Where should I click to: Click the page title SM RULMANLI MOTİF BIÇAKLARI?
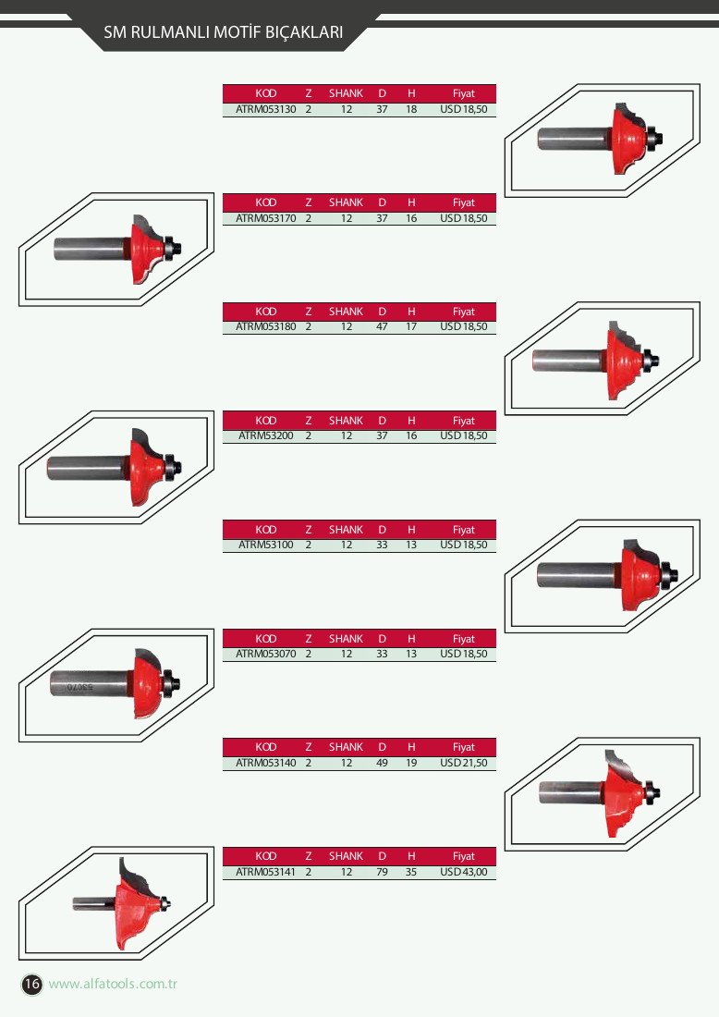(223, 31)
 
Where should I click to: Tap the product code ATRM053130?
(266, 109)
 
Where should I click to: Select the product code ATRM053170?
(266, 218)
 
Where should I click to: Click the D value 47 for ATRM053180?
(382, 327)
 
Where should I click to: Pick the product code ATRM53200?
(266, 435)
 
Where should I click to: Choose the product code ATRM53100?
(266, 545)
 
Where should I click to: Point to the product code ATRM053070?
(266, 654)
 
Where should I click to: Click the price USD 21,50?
(464, 763)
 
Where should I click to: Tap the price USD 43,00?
(464, 872)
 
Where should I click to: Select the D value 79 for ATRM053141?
(382, 872)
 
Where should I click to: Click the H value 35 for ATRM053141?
(411, 872)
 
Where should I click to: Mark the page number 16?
(31, 984)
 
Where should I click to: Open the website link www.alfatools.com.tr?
(113, 984)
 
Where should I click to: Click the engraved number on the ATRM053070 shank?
(80, 686)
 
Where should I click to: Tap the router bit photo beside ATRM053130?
(601, 138)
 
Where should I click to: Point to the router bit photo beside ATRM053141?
(121, 903)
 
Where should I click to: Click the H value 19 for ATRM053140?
(411, 763)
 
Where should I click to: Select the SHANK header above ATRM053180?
(346, 312)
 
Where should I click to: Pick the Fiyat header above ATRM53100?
(464, 529)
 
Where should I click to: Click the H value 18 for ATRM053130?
(411, 109)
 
